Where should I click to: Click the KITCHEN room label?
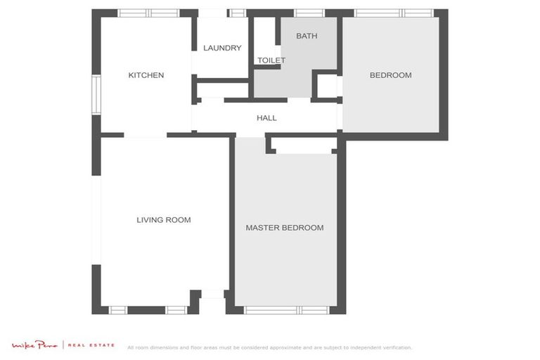(x=146, y=75)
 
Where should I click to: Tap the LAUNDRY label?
(x=222, y=49)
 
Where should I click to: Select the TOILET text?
(x=271, y=60)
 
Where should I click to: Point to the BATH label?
(x=307, y=36)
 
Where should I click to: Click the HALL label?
(x=266, y=118)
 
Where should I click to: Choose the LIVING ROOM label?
(x=163, y=220)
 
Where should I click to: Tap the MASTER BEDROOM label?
(x=284, y=228)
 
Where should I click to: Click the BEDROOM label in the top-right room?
(x=390, y=75)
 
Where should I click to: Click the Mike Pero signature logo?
(x=35, y=345)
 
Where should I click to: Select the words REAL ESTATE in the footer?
(x=91, y=345)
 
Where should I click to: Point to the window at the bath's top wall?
(x=309, y=13)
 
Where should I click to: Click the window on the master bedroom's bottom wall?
(x=287, y=310)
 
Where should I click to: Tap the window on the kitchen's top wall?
(x=148, y=13)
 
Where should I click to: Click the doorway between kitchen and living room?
(x=146, y=135)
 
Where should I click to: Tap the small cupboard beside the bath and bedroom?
(x=327, y=86)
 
